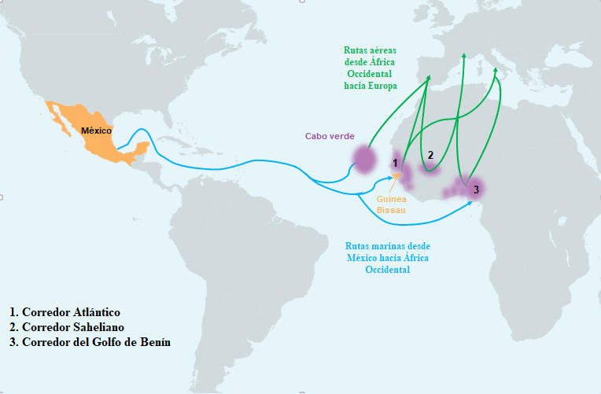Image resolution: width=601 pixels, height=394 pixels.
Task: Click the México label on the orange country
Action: click(x=96, y=131)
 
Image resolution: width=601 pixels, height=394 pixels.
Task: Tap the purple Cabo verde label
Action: click(x=329, y=136)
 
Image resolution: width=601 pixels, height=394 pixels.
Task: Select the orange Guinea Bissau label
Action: click(x=391, y=204)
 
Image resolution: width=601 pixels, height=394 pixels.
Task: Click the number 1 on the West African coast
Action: click(x=396, y=163)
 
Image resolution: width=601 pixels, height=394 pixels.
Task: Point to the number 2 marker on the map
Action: click(x=430, y=154)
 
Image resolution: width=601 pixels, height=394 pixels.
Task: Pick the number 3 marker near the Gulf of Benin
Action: click(x=474, y=190)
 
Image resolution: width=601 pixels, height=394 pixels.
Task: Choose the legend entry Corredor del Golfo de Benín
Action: click(x=90, y=342)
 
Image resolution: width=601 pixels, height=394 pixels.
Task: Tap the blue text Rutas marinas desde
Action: click(x=387, y=245)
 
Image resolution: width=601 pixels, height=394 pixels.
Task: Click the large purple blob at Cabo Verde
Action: click(x=364, y=160)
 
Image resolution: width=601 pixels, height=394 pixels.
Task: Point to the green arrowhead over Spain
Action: click(x=429, y=78)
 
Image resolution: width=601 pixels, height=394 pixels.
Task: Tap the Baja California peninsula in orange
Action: click(x=56, y=118)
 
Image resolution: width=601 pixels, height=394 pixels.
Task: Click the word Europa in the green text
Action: click(x=380, y=85)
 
